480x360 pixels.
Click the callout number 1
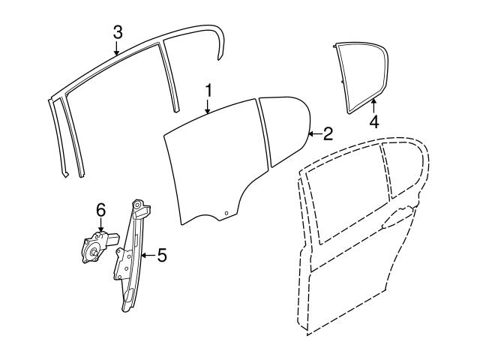click(209, 91)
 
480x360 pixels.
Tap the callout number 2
click(328, 134)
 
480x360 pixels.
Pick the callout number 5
click(161, 256)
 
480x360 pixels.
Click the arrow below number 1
click(209, 107)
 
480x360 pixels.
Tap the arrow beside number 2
click(314, 134)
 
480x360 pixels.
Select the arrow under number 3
click(117, 48)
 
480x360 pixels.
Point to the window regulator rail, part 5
click(135, 255)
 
